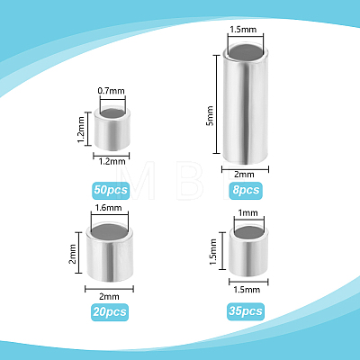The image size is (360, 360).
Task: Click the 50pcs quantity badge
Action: point(111,191)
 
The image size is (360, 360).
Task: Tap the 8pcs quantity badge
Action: point(246,191)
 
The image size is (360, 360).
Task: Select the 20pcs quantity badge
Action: point(110,312)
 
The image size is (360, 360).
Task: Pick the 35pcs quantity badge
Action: point(246,311)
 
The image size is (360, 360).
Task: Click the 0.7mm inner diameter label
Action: point(112,91)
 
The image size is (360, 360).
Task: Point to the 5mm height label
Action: point(210,116)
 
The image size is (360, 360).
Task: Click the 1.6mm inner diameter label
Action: point(108,208)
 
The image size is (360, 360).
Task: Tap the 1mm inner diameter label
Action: point(247,212)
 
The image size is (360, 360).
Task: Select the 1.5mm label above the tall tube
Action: point(243,30)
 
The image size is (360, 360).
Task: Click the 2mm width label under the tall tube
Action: point(244,175)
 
